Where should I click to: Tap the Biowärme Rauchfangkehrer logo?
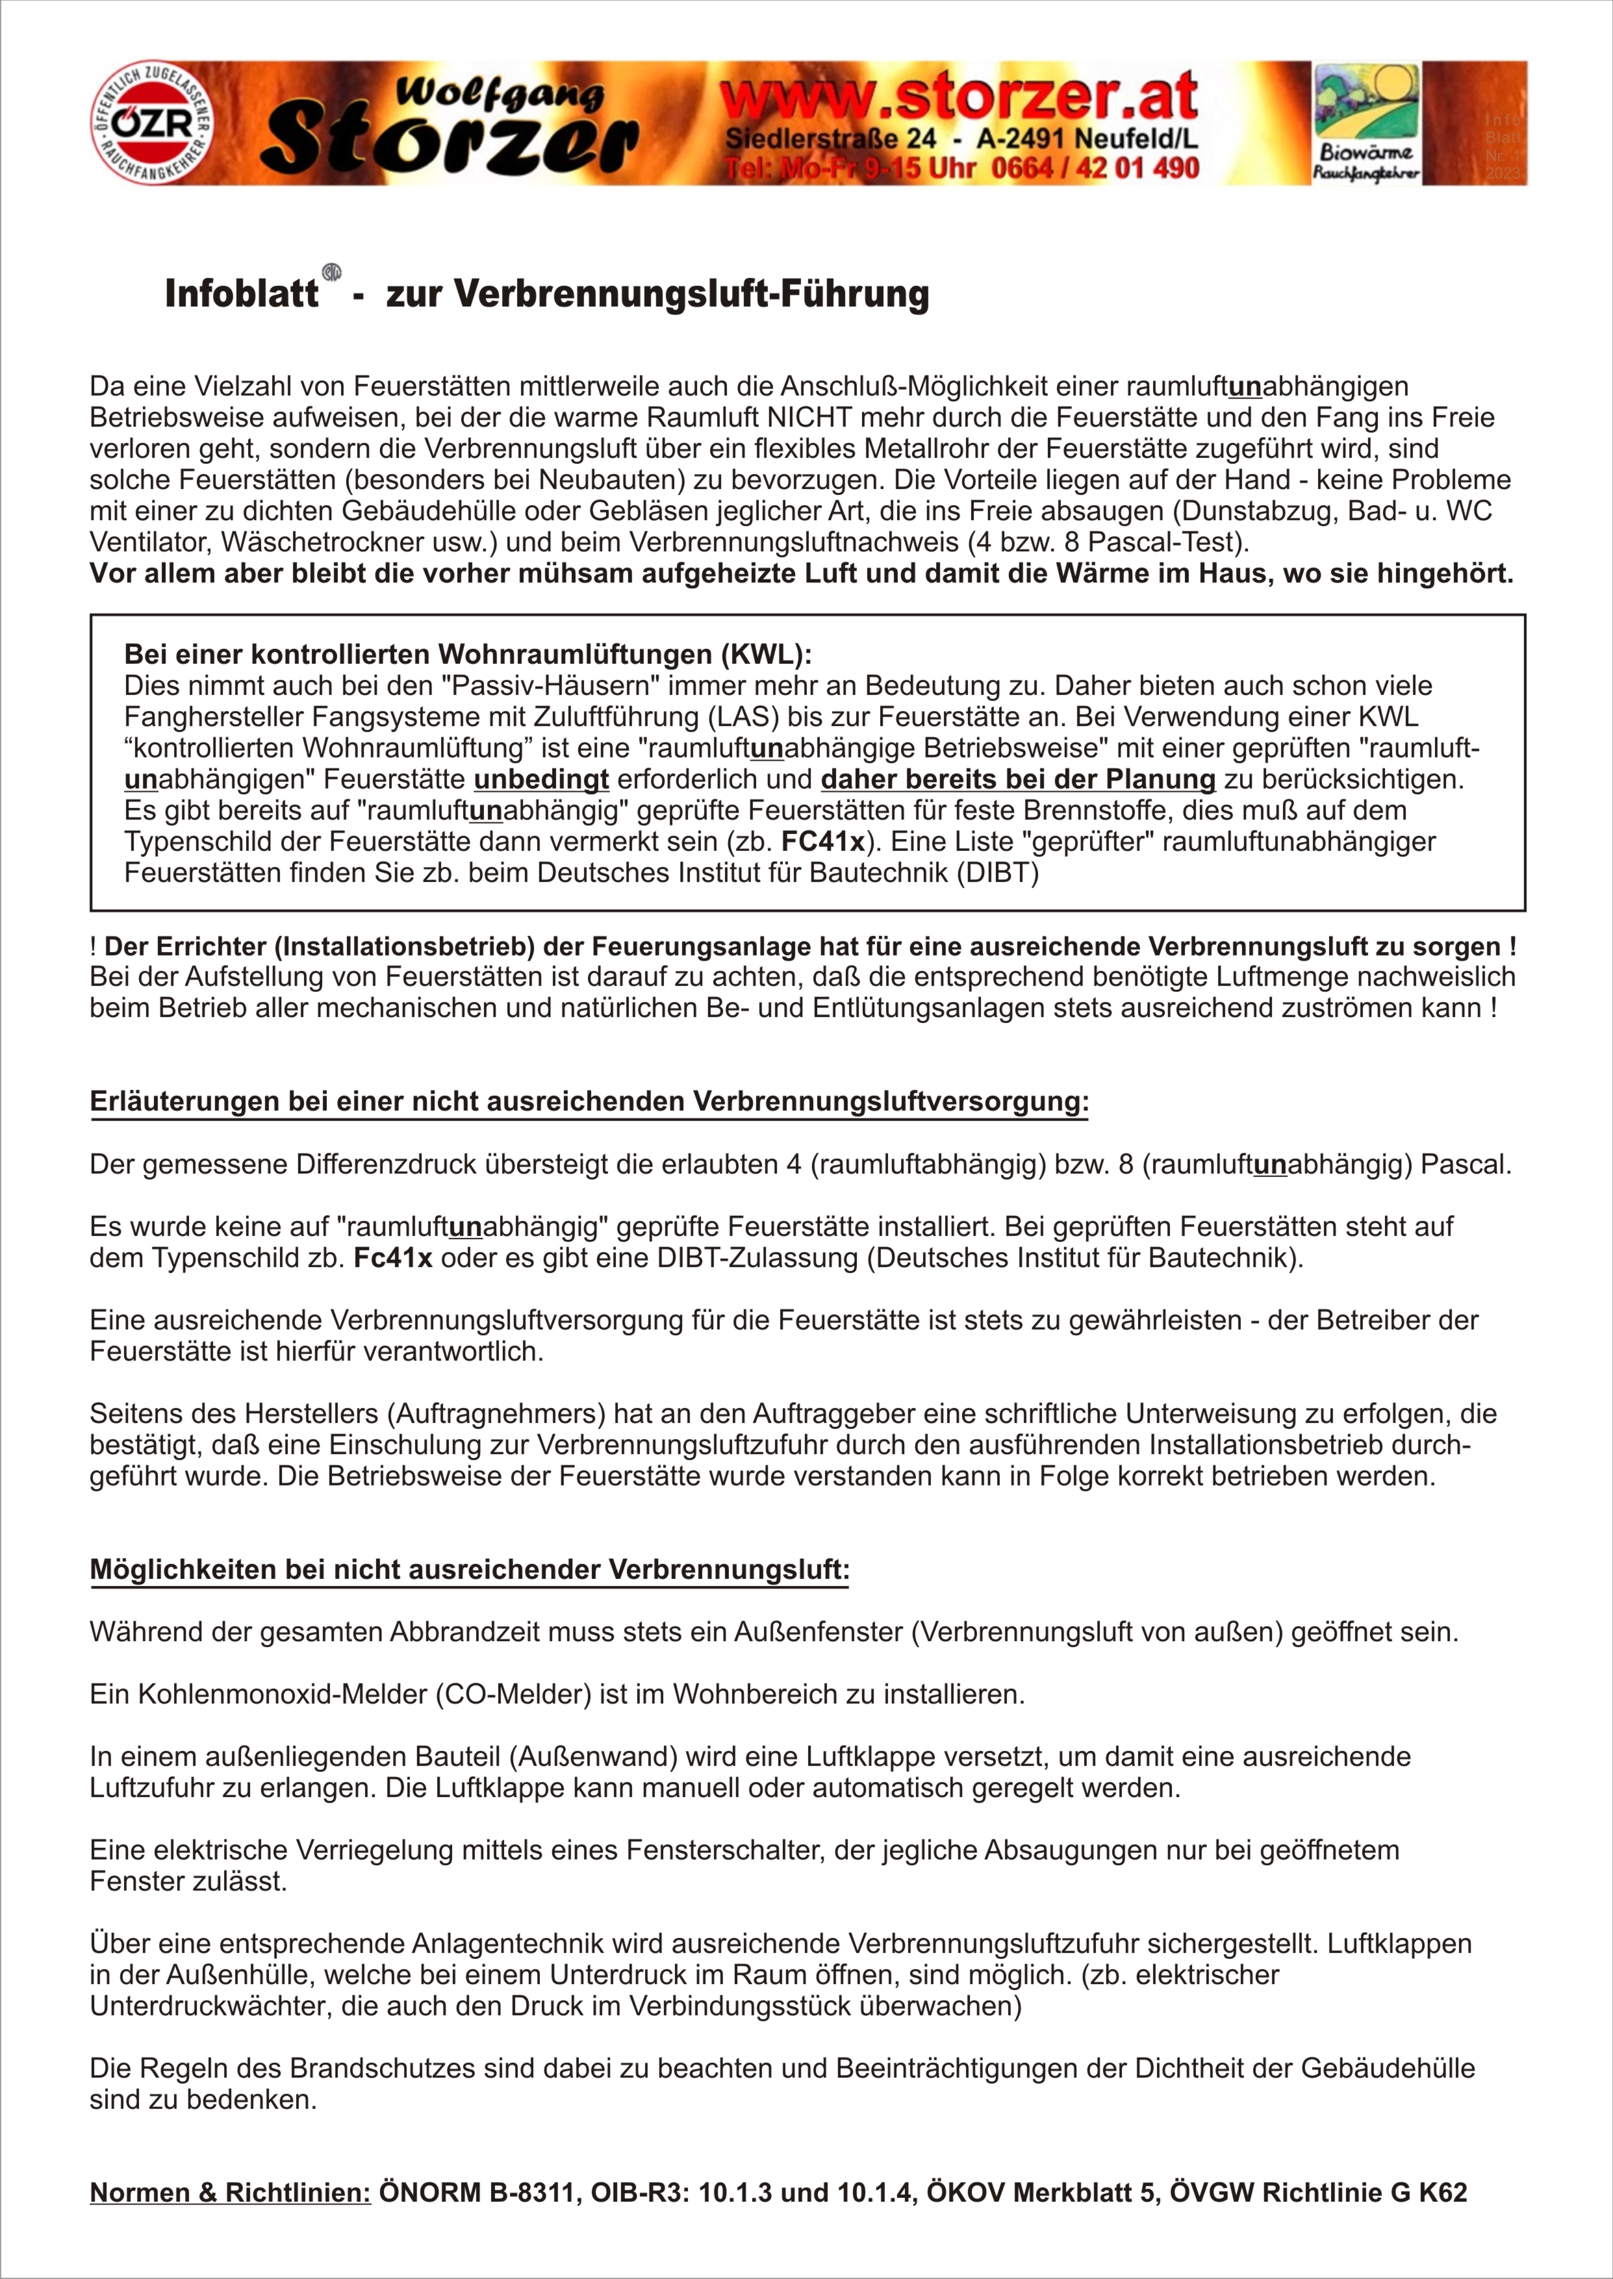point(1367,122)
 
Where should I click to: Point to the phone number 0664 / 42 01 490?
point(1095,169)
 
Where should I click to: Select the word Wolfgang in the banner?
point(500,95)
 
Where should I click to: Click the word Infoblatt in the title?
point(242,294)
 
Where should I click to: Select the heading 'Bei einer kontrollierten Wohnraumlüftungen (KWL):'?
point(468,655)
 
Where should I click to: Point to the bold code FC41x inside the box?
point(822,842)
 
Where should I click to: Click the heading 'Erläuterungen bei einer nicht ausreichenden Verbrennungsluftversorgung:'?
point(589,1102)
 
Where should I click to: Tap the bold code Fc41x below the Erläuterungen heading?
point(392,1258)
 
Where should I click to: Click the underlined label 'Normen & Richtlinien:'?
point(231,2193)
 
